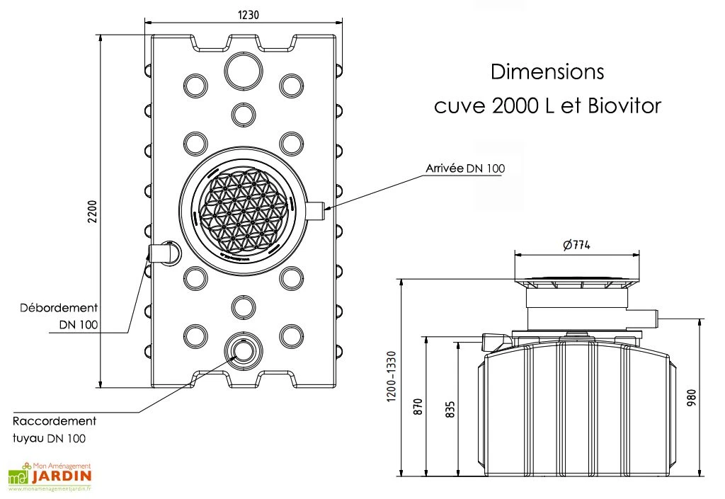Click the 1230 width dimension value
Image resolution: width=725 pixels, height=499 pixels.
pos(244,14)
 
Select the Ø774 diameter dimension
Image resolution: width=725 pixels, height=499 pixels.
pos(576,245)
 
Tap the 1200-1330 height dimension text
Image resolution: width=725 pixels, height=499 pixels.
pos(392,378)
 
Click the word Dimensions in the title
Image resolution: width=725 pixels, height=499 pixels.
pos(547,72)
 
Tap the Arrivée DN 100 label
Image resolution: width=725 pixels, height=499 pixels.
pos(465,168)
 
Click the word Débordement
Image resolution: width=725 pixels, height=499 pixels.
pos(59,308)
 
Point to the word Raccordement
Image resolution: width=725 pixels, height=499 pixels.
pos(55,421)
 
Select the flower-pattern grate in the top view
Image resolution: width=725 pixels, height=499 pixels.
pos(243,211)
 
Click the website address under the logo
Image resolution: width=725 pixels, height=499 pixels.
pos(50,488)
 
